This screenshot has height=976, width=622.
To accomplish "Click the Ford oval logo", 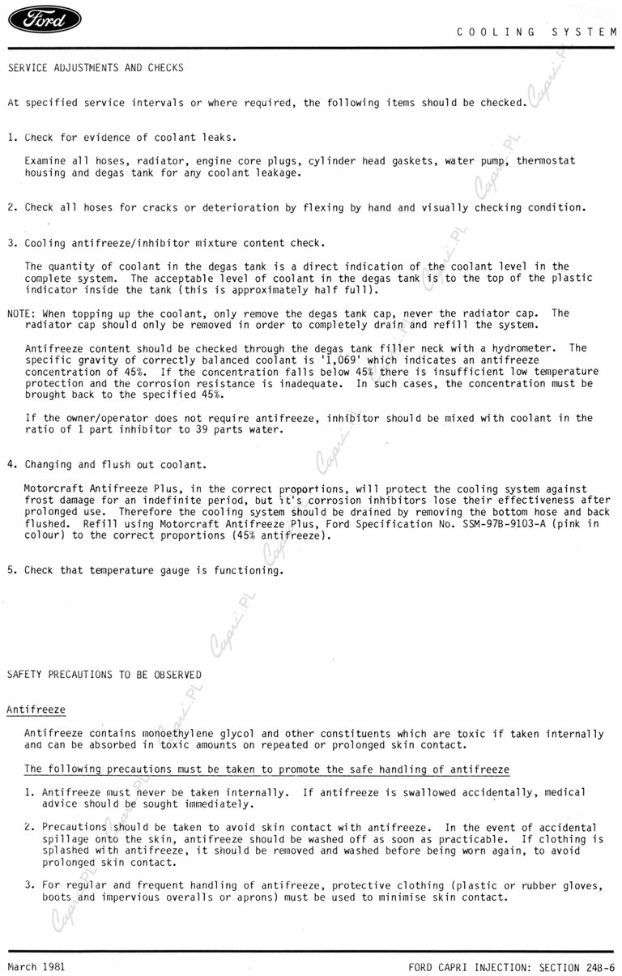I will [44, 19].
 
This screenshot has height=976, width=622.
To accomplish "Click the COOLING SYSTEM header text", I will [536, 32].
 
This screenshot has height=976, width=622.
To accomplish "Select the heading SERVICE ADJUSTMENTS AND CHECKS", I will [96, 68].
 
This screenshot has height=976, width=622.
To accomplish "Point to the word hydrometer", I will [527, 348].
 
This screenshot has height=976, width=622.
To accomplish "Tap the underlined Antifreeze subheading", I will [36, 710].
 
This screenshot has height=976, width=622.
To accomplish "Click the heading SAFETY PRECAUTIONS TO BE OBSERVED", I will [104, 675].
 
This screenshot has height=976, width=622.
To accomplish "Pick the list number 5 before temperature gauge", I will [11, 570].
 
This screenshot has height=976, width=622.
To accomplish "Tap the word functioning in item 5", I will [247, 570].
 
